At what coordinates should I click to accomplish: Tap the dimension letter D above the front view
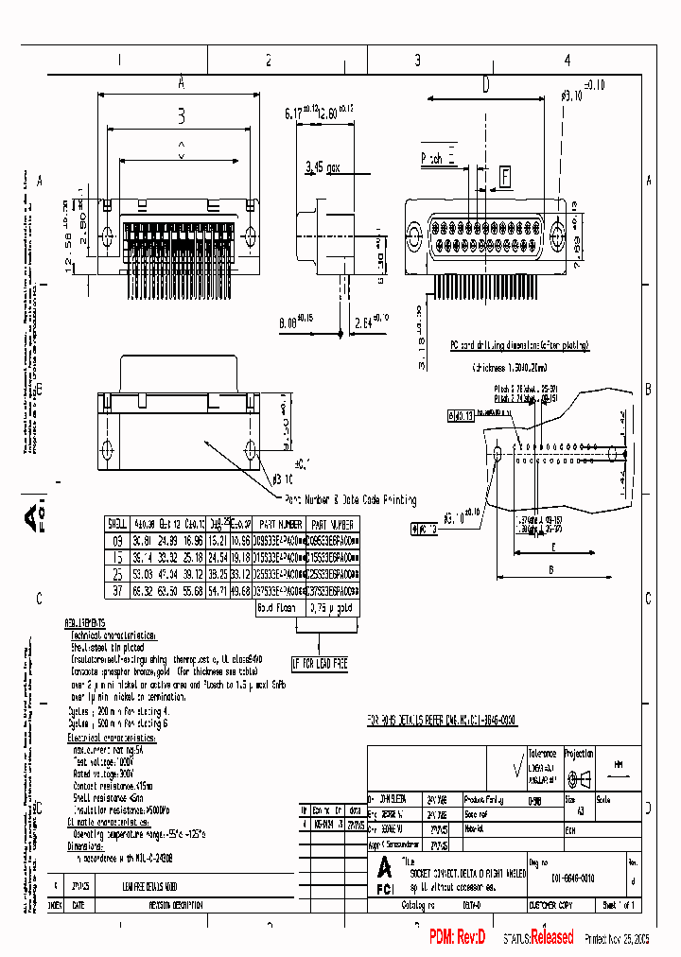[x=485, y=85]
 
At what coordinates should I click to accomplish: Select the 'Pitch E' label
[x=438, y=160]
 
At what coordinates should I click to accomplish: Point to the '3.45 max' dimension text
[x=326, y=167]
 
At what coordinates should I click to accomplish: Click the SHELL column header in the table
[x=117, y=523]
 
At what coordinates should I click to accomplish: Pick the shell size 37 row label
[x=117, y=590]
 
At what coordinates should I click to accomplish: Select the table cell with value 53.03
[x=143, y=573]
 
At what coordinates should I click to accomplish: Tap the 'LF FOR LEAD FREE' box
[x=319, y=664]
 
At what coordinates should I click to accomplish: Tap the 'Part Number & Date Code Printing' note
[x=349, y=499]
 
